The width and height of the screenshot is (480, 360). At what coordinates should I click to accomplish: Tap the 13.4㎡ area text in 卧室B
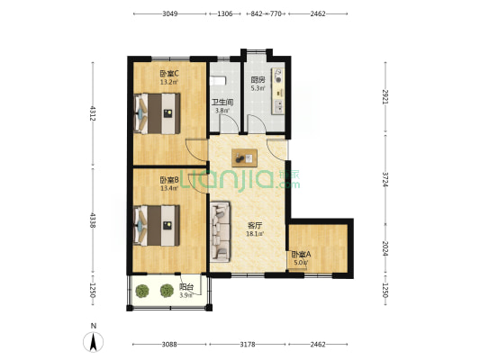point(169,188)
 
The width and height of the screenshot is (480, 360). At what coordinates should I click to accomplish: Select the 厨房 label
point(258,80)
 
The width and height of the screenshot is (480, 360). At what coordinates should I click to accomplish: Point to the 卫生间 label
point(222,103)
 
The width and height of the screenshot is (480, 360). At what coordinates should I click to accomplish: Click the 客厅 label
point(255,226)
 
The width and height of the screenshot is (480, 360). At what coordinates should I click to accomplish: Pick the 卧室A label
point(301,254)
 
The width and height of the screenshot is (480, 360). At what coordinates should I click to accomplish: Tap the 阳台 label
point(186,287)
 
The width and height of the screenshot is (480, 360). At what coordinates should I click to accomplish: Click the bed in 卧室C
point(157,113)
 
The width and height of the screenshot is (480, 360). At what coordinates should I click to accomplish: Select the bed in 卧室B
point(157,225)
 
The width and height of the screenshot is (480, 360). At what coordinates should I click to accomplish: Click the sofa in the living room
point(220,231)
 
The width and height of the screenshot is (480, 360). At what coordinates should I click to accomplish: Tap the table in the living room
point(244,157)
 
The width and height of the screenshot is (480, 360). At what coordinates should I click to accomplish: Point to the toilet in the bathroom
point(218,81)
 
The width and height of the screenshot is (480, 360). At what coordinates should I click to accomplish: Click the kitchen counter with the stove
point(277,91)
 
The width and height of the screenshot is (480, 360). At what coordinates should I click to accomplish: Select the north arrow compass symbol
point(94,341)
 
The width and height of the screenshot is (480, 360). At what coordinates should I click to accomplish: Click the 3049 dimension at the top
point(170,13)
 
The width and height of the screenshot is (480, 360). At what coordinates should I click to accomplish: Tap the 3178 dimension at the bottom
point(248,345)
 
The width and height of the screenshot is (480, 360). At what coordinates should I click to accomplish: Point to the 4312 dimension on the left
point(93,113)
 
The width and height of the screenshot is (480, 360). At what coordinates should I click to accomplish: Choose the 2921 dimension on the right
point(385,96)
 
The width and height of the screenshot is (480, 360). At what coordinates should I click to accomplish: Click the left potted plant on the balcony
point(142,292)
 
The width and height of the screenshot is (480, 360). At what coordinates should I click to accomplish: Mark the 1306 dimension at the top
point(225,13)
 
